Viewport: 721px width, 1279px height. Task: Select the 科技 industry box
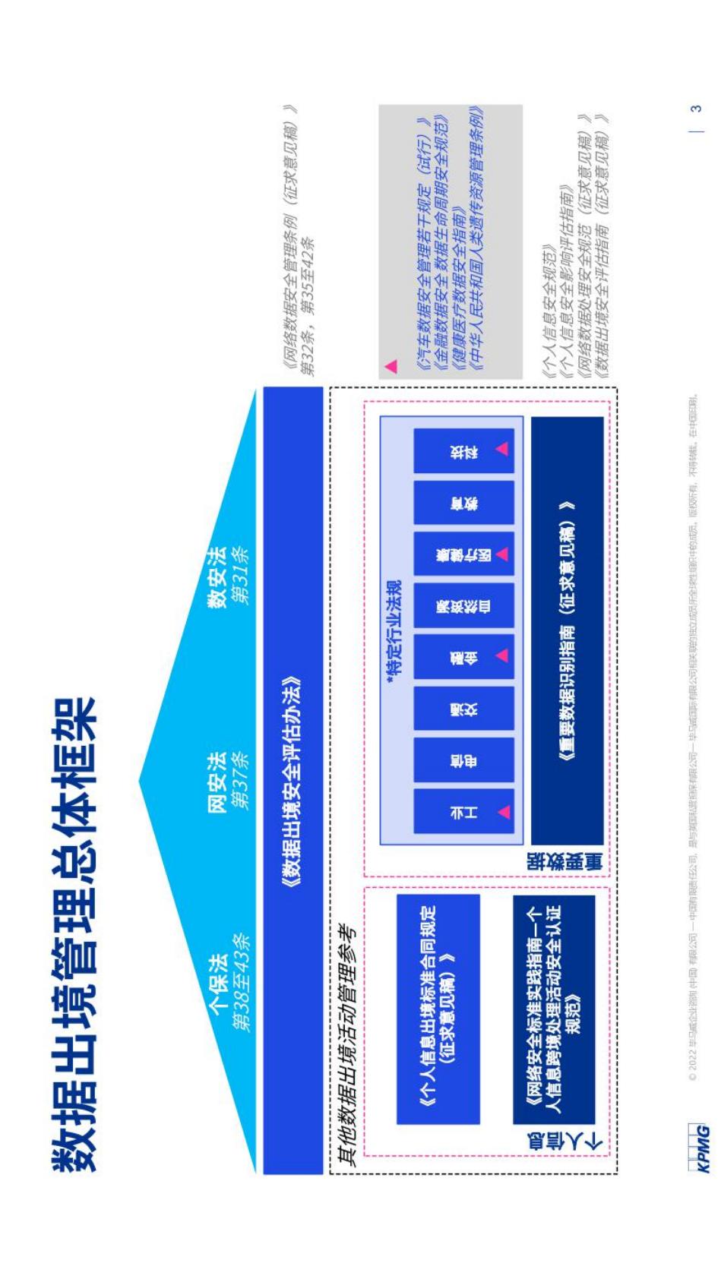(463, 450)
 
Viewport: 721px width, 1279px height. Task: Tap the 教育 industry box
(463, 502)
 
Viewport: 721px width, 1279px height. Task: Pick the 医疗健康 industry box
(463, 554)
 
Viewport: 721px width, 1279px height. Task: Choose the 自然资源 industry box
(463, 605)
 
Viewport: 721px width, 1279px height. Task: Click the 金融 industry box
(463, 656)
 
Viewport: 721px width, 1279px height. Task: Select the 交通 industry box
(463, 709)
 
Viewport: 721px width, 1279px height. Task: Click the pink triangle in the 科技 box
(502, 449)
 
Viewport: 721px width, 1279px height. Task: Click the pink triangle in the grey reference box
(391, 366)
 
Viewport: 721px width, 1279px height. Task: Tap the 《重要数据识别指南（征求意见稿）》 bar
(566, 630)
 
